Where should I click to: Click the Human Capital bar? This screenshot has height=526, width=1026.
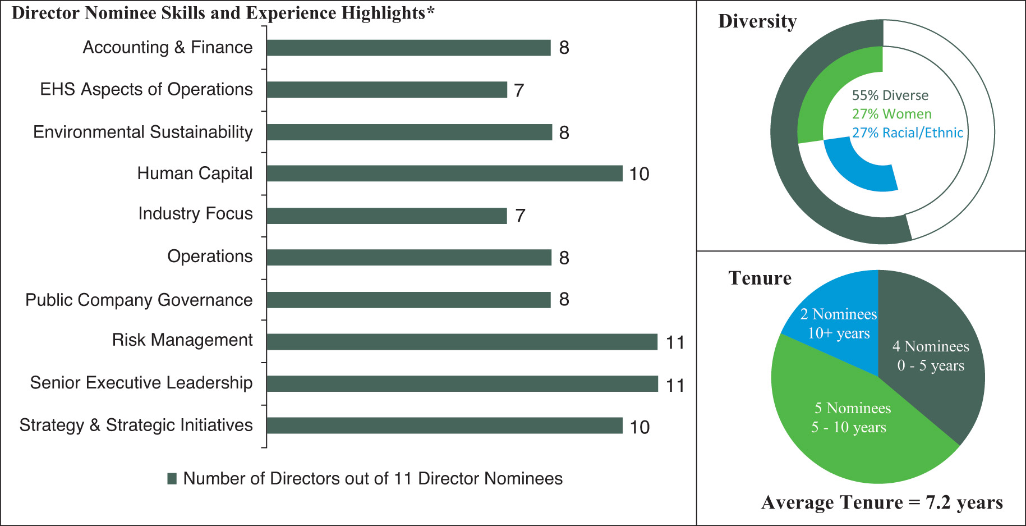click(x=444, y=173)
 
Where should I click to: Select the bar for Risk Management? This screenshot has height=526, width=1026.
click(x=462, y=342)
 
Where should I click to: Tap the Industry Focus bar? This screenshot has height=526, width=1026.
click(x=387, y=216)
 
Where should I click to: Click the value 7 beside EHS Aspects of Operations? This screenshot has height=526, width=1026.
click(x=519, y=90)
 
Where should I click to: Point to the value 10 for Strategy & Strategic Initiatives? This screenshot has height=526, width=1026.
click(x=639, y=427)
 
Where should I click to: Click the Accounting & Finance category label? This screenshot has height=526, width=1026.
click(x=167, y=48)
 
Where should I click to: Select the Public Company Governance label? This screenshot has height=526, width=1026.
click(x=139, y=300)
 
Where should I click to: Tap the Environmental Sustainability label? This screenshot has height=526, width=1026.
click(x=142, y=132)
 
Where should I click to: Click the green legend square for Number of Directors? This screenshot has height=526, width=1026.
click(x=172, y=478)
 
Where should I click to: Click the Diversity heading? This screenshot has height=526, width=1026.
click(x=757, y=21)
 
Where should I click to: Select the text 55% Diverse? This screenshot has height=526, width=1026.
click(x=890, y=95)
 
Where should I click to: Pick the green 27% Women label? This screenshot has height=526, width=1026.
click(x=891, y=114)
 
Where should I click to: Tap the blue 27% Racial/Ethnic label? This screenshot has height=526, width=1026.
click(x=907, y=133)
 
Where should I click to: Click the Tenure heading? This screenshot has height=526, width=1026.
click(x=760, y=278)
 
